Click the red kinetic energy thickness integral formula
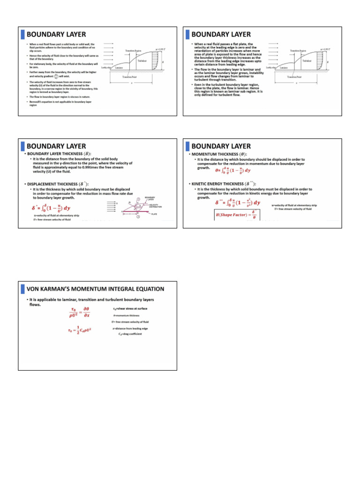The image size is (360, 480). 237,202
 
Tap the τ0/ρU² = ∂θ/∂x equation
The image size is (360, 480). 80,312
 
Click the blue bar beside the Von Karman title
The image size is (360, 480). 22,288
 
